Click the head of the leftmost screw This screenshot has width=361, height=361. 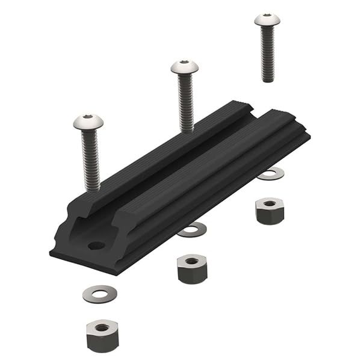pyautogui.click(x=88, y=123)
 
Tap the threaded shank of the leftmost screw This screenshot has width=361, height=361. pyautogui.click(x=90, y=159)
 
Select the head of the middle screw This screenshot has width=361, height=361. pyautogui.click(x=185, y=67)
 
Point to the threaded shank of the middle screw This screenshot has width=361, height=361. pyautogui.click(x=186, y=102)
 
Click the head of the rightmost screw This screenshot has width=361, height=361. pyautogui.click(x=267, y=20)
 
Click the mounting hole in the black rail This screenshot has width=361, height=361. pyautogui.click(x=96, y=245)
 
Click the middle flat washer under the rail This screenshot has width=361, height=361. pyautogui.click(x=193, y=229)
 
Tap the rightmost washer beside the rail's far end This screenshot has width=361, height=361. pyautogui.click(x=270, y=173)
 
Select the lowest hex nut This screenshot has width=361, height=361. pyautogui.click(x=102, y=335)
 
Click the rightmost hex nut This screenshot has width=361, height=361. pyautogui.click(x=269, y=211)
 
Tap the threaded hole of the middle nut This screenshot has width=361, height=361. pyautogui.click(x=192, y=261)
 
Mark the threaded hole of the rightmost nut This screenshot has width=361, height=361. pyautogui.click(x=269, y=204)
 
